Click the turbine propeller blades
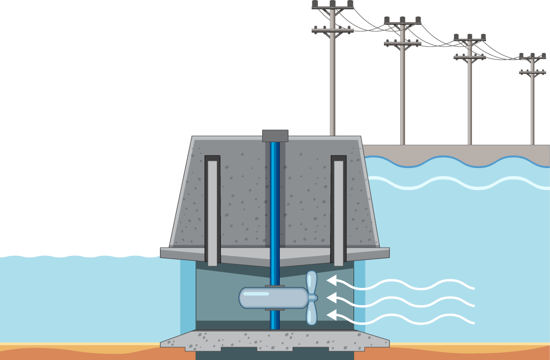pyautogui.click(x=311, y=298)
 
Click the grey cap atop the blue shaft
pyautogui.click(x=275, y=136)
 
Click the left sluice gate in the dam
pyautogui.click(x=212, y=211)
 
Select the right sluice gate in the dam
pyautogui.click(x=338, y=211)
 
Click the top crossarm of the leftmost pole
pyautogui.click(x=333, y=8)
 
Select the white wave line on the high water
pyautogui.click(x=457, y=182)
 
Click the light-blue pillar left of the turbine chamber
pyautogui.click(x=188, y=300)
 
